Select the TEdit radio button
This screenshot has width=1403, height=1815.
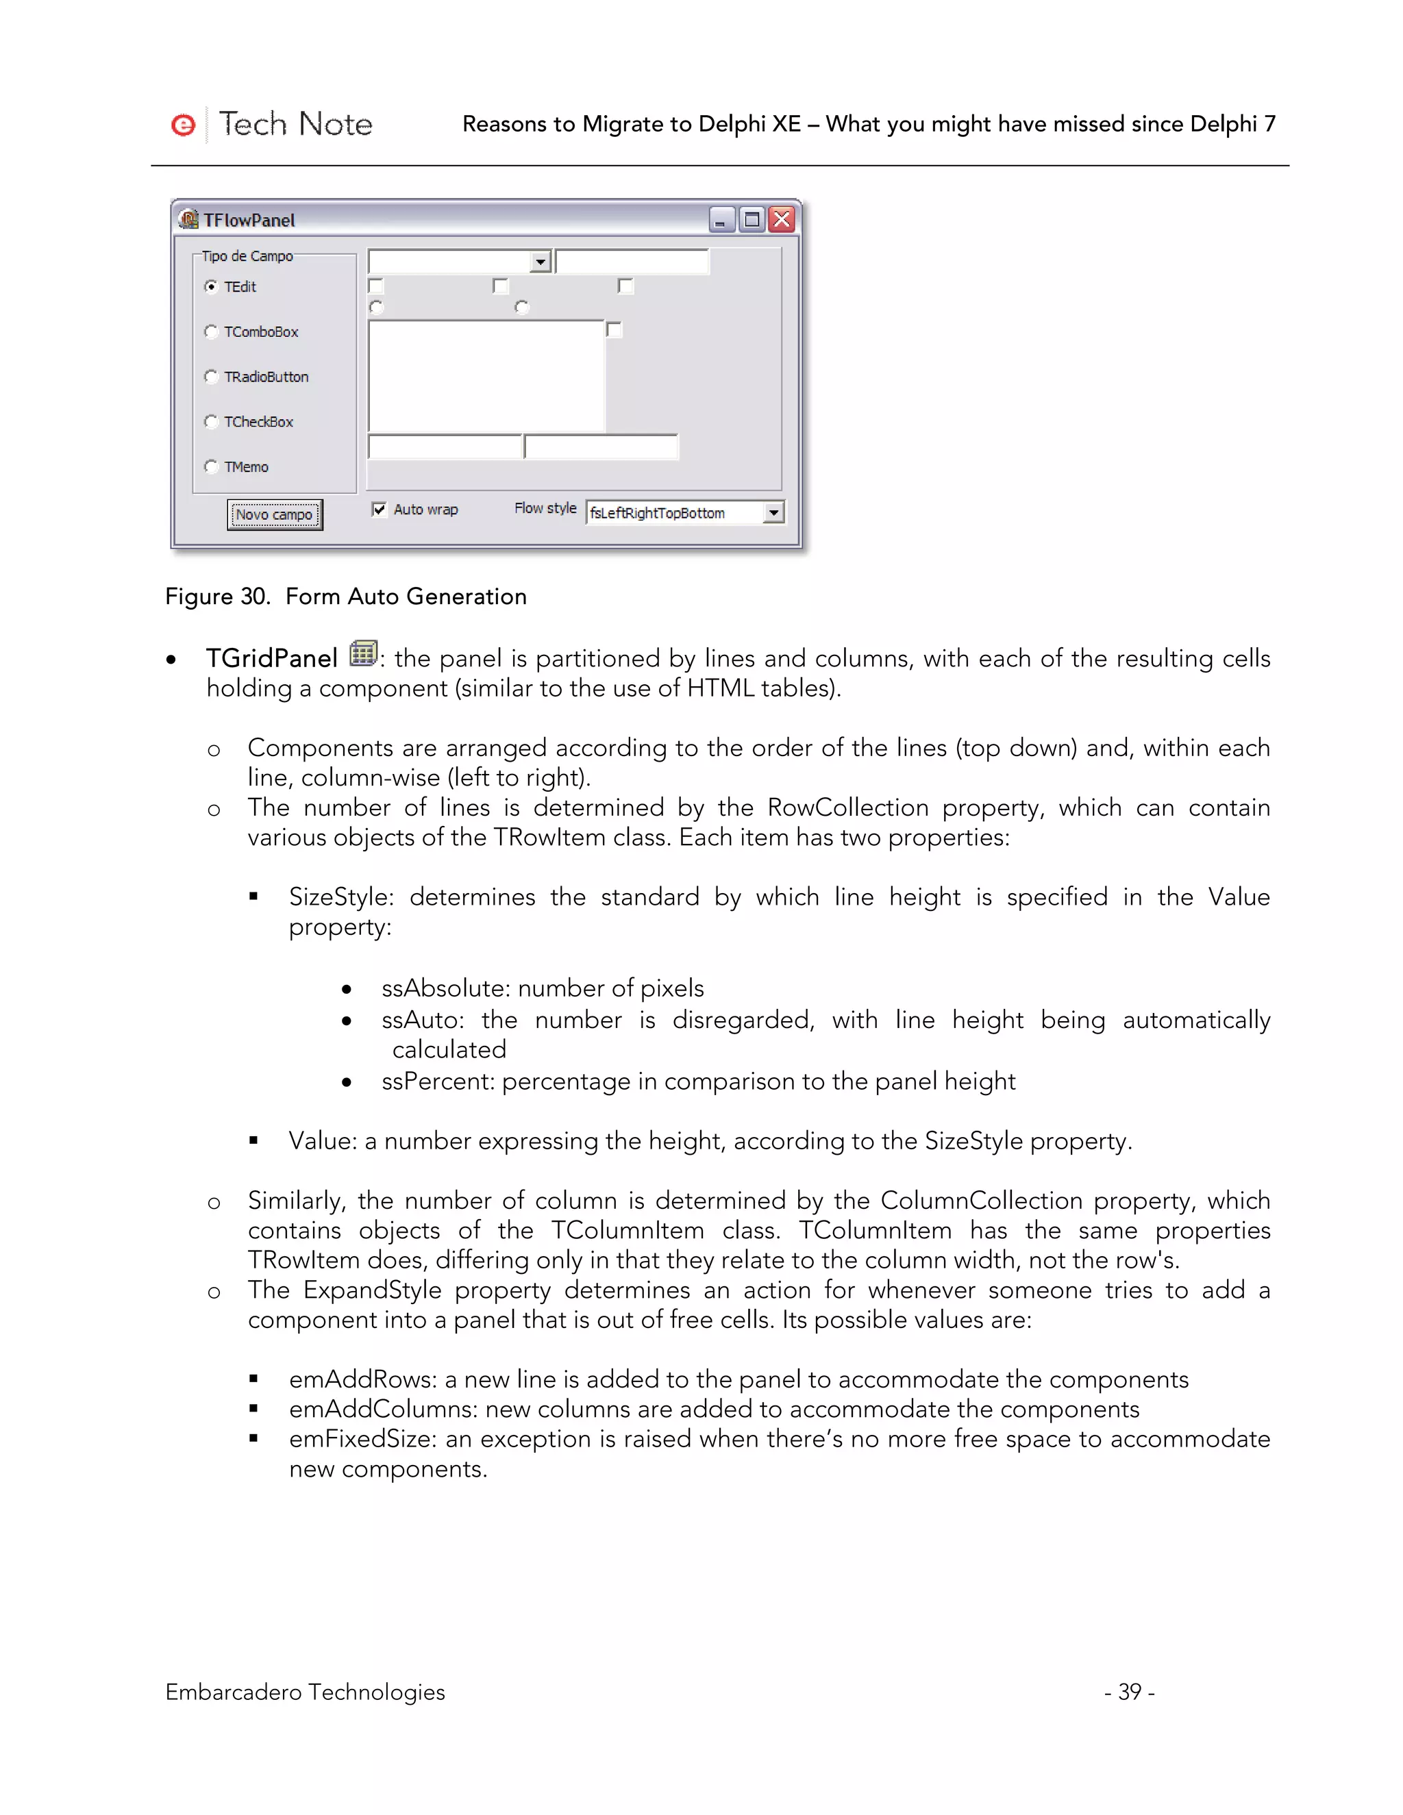pyautogui.click(x=211, y=287)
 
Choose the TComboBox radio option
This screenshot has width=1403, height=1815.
pyautogui.click(x=211, y=331)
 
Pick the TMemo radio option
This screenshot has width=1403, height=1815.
pyautogui.click(x=211, y=466)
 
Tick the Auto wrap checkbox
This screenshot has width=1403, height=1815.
pyautogui.click(x=379, y=510)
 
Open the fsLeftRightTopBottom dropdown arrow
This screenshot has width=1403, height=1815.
pyautogui.click(x=774, y=513)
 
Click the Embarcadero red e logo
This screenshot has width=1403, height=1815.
pyautogui.click(x=183, y=125)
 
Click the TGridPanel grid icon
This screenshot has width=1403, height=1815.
pyautogui.click(x=362, y=653)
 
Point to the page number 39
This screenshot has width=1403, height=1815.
pyautogui.click(x=1129, y=1691)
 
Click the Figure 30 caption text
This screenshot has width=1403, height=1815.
pyautogui.click(x=346, y=597)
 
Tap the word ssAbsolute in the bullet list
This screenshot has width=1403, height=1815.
pyautogui.click(x=445, y=988)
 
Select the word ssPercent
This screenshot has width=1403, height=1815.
pyautogui.click(x=437, y=1081)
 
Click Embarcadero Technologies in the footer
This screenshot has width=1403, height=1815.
pyautogui.click(x=305, y=1691)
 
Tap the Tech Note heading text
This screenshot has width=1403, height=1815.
pyautogui.click(x=295, y=125)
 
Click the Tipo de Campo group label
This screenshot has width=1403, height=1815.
pyautogui.click(x=248, y=256)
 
